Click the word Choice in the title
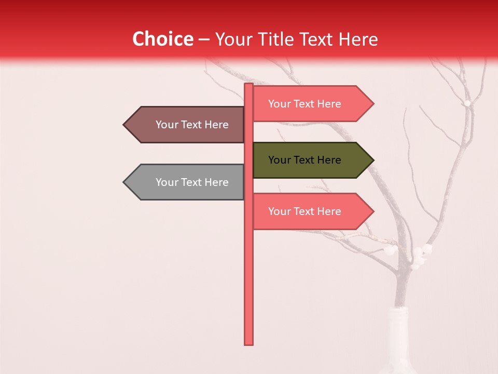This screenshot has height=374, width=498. pos(162,39)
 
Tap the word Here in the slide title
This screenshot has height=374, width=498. pos(358,39)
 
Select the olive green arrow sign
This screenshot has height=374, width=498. pos(311,160)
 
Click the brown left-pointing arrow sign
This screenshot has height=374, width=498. pos(187,125)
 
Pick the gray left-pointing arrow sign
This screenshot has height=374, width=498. pos(187,182)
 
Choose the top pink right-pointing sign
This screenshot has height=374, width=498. pos(311,104)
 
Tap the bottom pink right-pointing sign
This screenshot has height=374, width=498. pos(311,211)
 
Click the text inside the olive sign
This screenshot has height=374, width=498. pos(305,160)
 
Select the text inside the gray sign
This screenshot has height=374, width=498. pos(192,182)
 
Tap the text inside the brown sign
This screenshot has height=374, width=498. pos(192,125)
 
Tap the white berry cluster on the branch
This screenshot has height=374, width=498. pos(420,255)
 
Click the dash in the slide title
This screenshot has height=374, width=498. pos(204,39)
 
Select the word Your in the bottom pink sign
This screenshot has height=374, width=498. pos(280,211)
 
